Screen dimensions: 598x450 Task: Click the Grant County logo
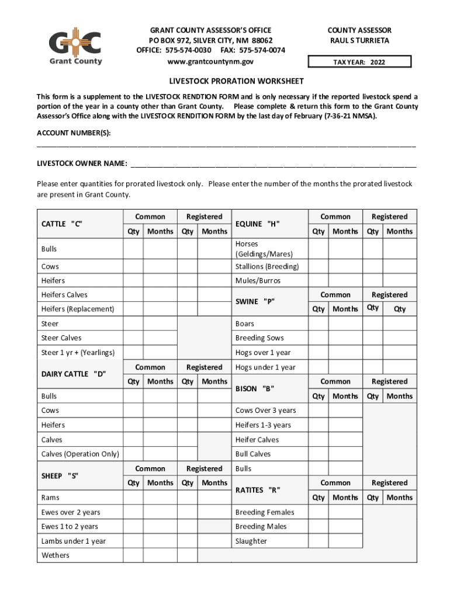coord(75,46)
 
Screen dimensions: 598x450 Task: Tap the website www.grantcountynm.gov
coord(210,61)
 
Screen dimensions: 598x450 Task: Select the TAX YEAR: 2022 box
coord(359,62)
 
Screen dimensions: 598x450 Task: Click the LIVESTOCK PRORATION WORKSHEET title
coord(228,81)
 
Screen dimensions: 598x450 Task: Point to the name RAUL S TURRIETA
coord(359,41)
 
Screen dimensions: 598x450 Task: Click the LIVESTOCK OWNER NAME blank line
coord(274,165)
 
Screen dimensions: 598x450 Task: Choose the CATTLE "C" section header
coord(61,224)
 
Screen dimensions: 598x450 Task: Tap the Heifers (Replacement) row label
coord(78,309)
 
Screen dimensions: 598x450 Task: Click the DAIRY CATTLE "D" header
coord(74,374)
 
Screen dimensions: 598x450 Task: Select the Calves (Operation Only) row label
coord(80,454)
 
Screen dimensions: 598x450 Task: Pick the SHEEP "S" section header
coord(60,475)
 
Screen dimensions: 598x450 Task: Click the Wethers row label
coord(56,555)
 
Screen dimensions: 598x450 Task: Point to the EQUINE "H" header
coord(258,224)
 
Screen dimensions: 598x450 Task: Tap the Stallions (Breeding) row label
coord(267,267)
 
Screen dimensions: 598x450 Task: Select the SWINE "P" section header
coord(255,302)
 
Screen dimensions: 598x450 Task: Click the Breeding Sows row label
coord(259,338)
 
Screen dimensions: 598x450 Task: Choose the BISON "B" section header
coord(255,388)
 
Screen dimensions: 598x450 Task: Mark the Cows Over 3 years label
coord(265,411)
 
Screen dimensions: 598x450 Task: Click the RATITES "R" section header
coord(258,490)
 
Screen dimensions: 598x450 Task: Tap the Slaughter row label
coord(251,541)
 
